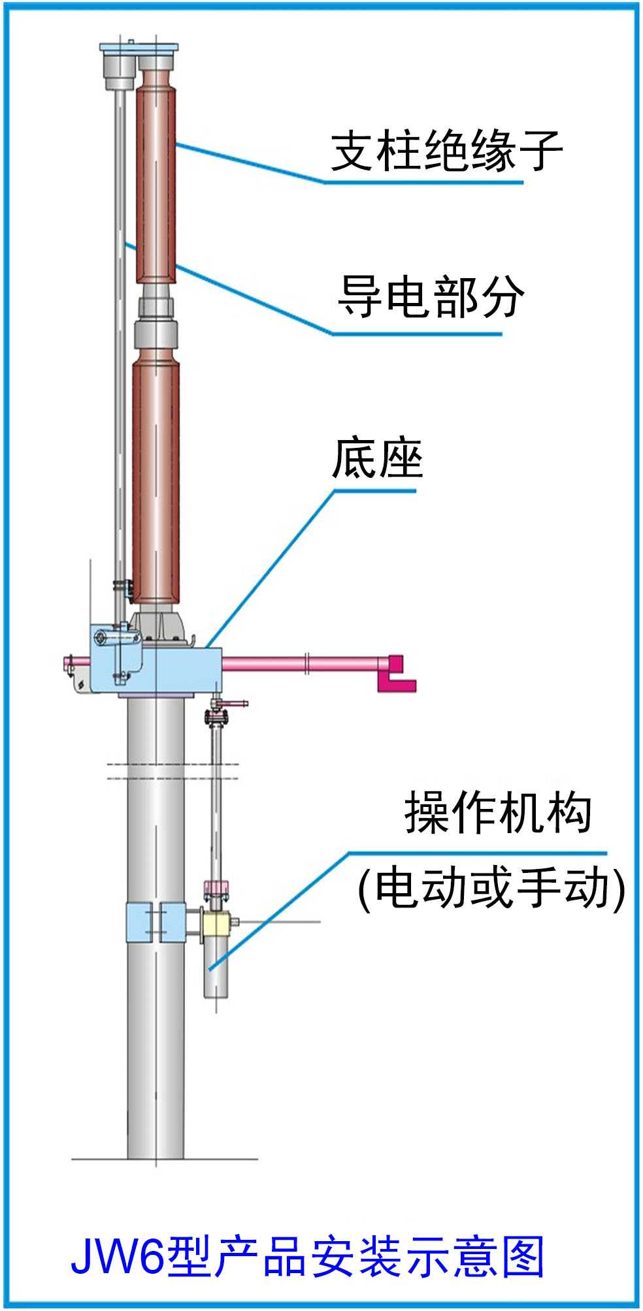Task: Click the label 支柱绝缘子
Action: click(x=447, y=151)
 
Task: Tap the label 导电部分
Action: click(x=431, y=297)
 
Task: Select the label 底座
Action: click(x=378, y=458)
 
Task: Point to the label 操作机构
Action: click(x=498, y=813)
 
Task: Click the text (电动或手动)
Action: click(x=491, y=888)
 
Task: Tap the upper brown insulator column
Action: click(x=156, y=183)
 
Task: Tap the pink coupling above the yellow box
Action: click(x=215, y=889)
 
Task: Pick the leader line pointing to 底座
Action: click(x=274, y=561)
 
